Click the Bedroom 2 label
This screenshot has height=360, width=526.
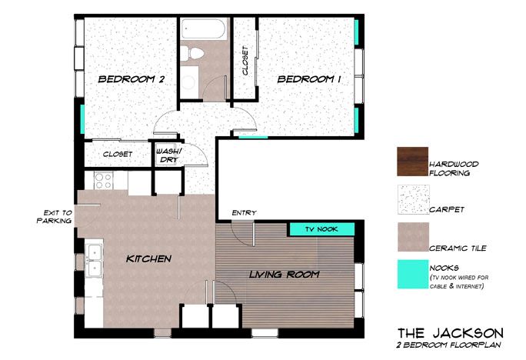[131, 79]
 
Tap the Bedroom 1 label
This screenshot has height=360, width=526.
[309, 79]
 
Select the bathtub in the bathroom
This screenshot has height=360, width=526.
[203, 29]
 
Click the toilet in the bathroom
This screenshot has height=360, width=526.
[192, 54]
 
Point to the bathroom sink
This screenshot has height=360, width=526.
[188, 82]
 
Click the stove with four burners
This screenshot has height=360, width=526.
[103, 181]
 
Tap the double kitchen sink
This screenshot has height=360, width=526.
[94, 260]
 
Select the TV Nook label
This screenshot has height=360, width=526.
[321, 229]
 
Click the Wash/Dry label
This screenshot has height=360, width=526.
[168, 155]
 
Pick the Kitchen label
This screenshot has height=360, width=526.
[148, 258]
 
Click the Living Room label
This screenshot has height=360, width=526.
[284, 275]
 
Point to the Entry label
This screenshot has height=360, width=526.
[245, 213]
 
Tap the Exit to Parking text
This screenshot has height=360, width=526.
[55, 217]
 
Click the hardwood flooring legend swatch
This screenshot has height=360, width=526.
[413, 162]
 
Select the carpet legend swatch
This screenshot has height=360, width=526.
[414, 199]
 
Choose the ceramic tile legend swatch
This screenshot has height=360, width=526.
[413, 237]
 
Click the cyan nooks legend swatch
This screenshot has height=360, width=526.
[413, 274]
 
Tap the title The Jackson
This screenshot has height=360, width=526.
[451, 333]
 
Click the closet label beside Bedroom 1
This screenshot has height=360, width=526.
[245, 61]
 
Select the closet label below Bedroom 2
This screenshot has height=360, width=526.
[118, 155]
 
